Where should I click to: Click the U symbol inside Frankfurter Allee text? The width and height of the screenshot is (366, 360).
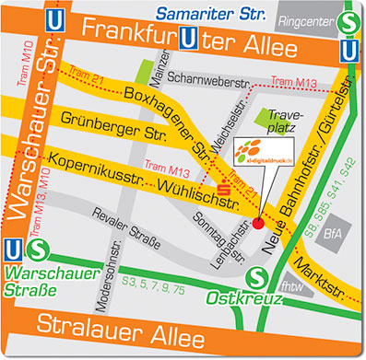point(190,39)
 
